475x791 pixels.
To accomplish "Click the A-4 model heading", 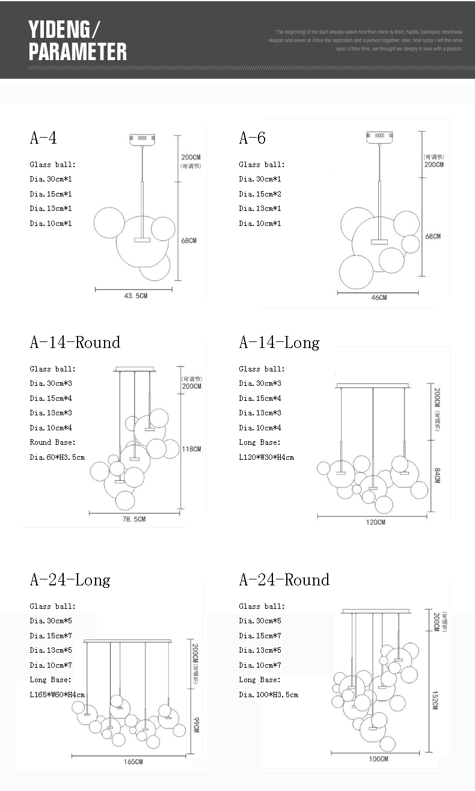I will (x=43, y=138).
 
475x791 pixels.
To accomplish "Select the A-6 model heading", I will (x=252, y=138).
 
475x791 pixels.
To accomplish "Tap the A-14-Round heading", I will (x=75, y=343).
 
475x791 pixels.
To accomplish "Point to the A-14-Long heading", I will (x=279, y=343).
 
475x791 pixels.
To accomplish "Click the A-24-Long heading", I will (x=70, y=580).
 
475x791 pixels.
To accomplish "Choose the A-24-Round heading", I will (x=284, y=580).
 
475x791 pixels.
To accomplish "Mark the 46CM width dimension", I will (x=378, y=298).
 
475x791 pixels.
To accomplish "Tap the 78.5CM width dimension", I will (x=133, y=519).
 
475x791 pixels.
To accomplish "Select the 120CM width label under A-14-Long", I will (x=375, y=522).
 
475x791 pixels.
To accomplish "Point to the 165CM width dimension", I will (x=133, y=762).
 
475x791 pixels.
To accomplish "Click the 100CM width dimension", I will (x=378, y=759).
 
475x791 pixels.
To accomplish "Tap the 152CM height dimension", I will (x=435, y=700).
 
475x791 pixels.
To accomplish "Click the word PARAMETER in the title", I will (x=78, y=52).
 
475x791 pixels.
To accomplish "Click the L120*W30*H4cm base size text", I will (x=266, y=457).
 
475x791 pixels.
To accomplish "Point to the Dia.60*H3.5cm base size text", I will (x=57, y=457).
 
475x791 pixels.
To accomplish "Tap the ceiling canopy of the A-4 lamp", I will (x=142, y=139).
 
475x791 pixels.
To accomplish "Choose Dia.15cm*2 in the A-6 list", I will (x=260, y=194).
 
